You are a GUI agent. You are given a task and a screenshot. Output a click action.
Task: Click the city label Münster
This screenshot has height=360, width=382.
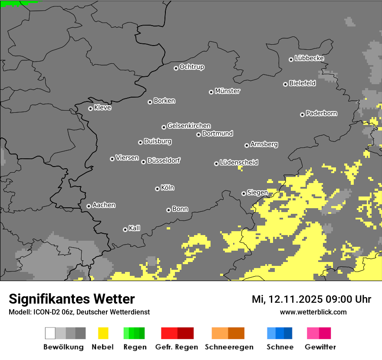pyautogui.click(x=227, y=91)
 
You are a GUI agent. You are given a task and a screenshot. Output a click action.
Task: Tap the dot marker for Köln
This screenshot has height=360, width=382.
pyautogui.click(x=157, y=189)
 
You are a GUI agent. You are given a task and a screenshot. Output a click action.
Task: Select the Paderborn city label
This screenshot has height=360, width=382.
pyautogui.click(x=322, y=113)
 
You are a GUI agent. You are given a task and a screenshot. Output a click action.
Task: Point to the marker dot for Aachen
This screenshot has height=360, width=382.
pyautogui.click(x=89, y=206)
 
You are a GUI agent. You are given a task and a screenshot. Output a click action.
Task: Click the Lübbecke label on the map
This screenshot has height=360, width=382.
pyautogui.click(x=310, y=58)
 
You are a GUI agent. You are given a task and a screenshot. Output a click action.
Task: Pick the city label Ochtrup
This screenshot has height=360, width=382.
pyautogui.click(x=192, y=67)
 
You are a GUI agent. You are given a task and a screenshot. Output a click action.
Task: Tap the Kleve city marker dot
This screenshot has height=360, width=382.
pyautogui.click(x=90, y=108)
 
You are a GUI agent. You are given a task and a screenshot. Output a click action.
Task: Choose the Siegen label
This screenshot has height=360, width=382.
pyautogui.click(x=257, y=193)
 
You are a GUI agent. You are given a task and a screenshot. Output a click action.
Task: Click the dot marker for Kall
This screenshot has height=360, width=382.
pyautogui.click(x=125, y=229)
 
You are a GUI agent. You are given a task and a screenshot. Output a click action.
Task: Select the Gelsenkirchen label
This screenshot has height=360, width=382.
pyautogui.click(x=189, y=126)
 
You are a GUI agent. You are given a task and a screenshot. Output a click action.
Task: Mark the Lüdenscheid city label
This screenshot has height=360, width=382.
pyautogui.click(x=239, y=163)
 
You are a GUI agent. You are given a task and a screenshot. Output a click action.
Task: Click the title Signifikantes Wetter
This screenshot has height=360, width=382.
pyautogui.click(x=72, y=299)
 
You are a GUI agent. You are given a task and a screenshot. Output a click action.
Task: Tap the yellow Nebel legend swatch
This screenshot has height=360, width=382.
pyautogui.click(x=103, y=333)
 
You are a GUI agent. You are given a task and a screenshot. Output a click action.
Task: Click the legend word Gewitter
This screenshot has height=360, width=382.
pyautogui.click(x=320, y=347)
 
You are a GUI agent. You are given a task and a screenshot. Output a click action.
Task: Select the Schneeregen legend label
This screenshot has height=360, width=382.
pyautogui.click(x=229, y=347)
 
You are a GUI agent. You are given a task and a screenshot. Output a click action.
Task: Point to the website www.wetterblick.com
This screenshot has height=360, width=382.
pyautogui.click(x=313, y=312)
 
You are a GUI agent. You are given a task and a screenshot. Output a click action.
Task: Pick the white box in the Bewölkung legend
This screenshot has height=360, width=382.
pyautogui.click(x=50, y=333)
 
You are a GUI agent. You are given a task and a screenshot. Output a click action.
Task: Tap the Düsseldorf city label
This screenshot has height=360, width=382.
pyautogui.click(x=164, y=160)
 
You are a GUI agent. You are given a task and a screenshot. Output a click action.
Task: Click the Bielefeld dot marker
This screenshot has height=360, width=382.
pyautogui.click(x=285, y=84)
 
